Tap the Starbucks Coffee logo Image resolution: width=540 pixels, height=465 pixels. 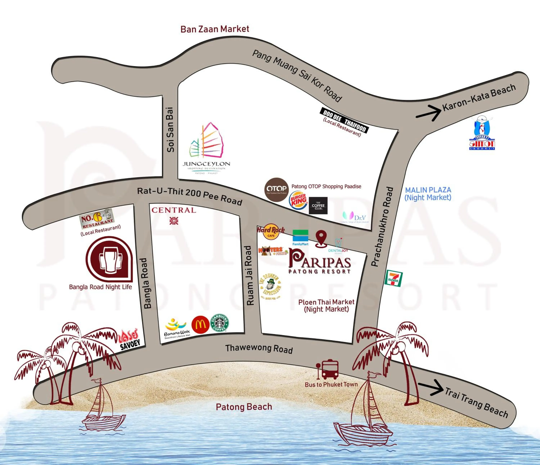[x=219, y=323]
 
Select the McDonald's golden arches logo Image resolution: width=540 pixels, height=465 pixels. [x=200, y=325]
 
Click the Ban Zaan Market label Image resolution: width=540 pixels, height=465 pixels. [x=215, y=29]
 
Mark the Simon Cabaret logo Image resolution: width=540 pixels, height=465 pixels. [x=482, y=133]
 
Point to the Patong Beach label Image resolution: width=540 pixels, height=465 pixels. [x=244, y=407]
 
